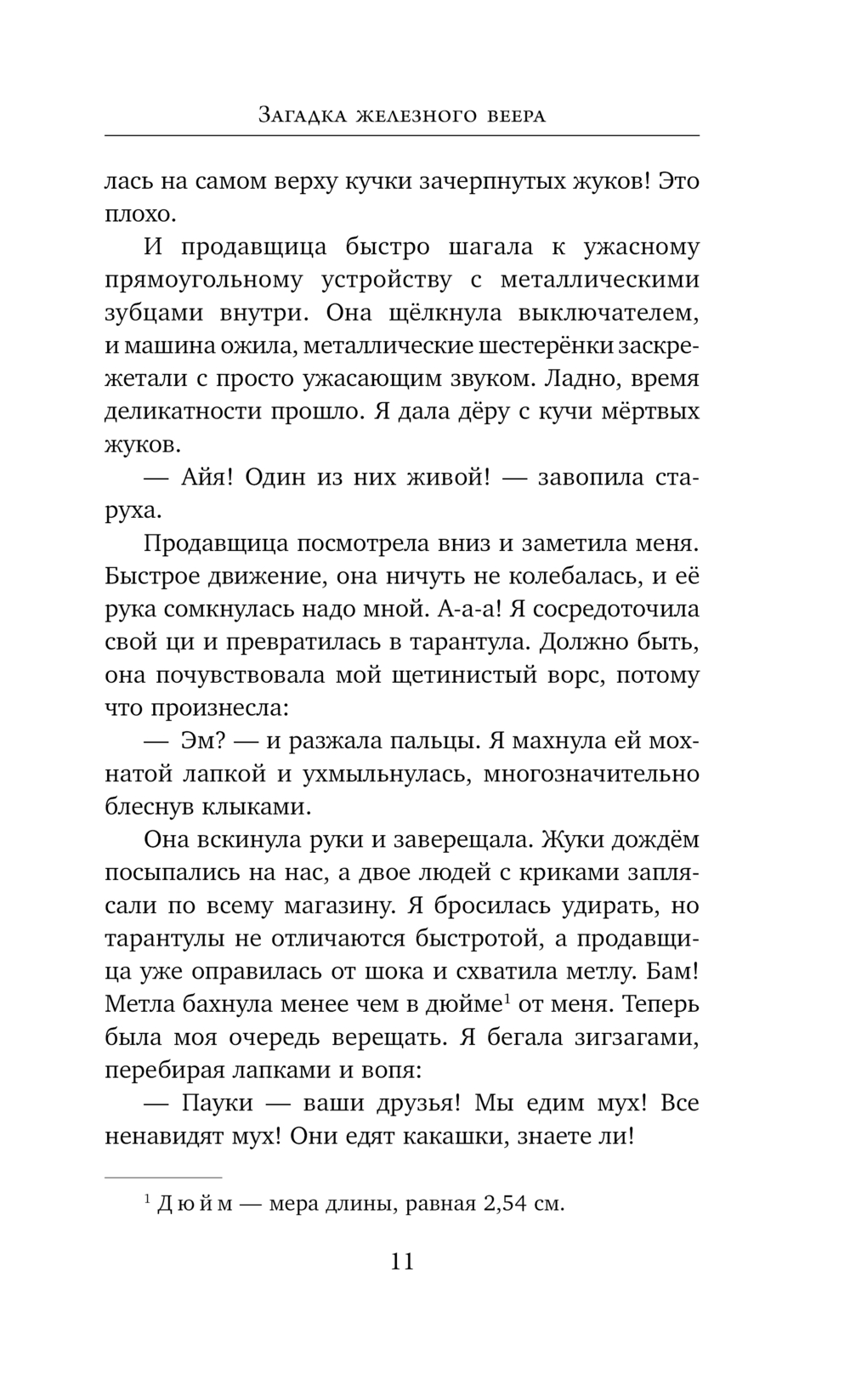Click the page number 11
pyautogui.click(x=402, y=1260)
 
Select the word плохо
pyautogui.click(x=137, y=213)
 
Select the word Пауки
pyautogui.click(x=218, y=1103)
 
